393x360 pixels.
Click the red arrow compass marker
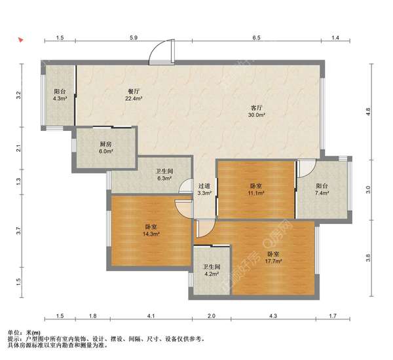[x=20, y=40]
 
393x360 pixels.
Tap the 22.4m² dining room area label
[x=134, y=95]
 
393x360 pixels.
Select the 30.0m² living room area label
[x=257, y=111]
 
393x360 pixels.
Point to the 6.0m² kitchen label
[x=105, y=148]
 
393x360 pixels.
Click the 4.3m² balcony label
[x=60, y=95]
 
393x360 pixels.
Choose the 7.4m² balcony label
[x=322, y=189]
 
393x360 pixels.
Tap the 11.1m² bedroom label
[x=256, y=189]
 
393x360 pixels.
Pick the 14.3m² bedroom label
[x=151, y=230]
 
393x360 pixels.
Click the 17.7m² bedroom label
[x=273, y=257]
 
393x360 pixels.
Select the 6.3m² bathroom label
[x=164, y=175]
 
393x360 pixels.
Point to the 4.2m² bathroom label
[x=212, y=270]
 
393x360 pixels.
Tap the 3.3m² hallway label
[x=204, y=189]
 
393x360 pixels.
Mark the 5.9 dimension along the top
[x=134, y=38]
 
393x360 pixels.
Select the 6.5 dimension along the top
[x=256, y=38]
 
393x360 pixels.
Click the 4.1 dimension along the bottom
[x=151, y=316]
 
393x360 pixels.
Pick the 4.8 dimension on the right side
[x=368, y=111]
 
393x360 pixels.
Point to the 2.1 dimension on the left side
[x=18, y=149]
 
